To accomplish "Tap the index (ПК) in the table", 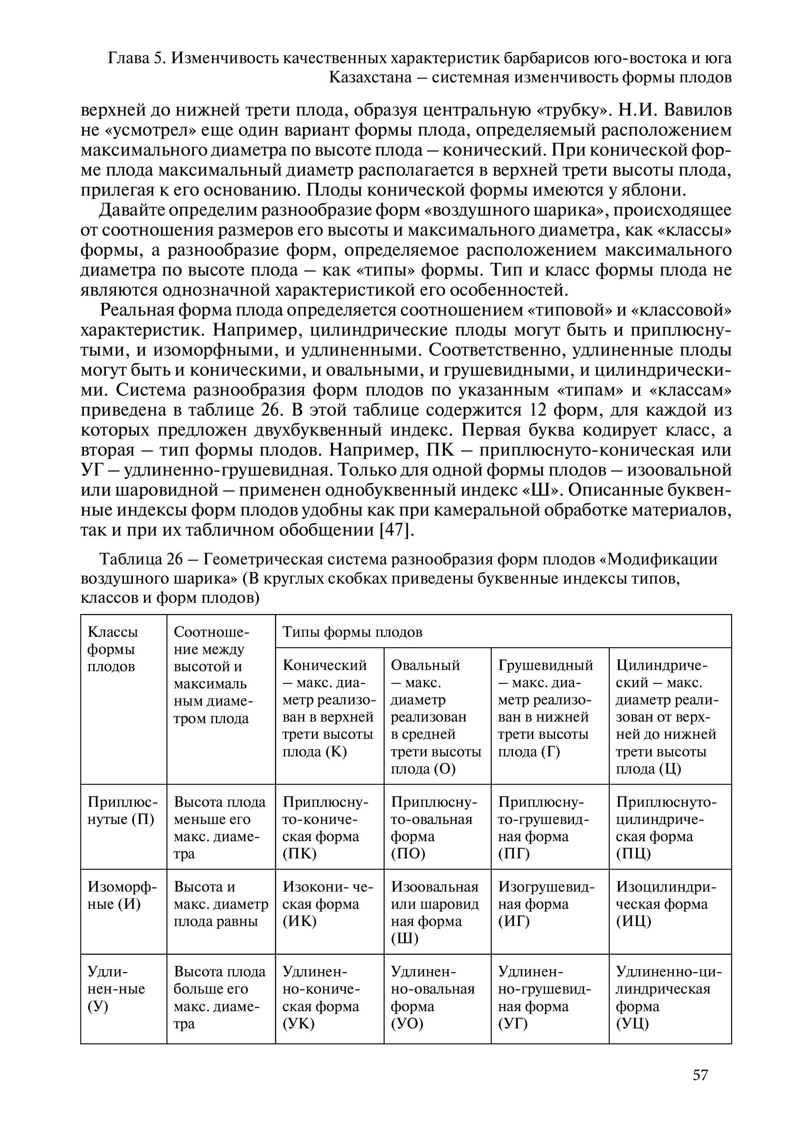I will [x=299, y=854].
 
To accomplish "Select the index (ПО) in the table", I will [x=408, y=854].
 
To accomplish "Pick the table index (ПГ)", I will [x=514, y=854].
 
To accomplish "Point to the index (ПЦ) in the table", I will [x=633, y=854].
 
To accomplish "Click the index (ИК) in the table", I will [x=299, y=921].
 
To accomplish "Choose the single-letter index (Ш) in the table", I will [x=404, y=939].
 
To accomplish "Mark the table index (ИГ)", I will [x=514, y=921].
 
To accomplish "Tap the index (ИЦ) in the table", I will [x=633, y=921].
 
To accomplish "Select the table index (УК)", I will [x=299, y=1024].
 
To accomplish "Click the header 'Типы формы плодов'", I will [x=352, y=632].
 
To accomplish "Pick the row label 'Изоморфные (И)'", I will [x=122, y=896].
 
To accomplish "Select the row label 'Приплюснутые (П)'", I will [x=122, y=810].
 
